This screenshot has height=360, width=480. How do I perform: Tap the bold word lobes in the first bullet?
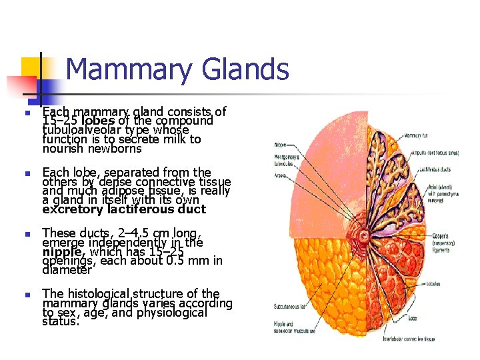coord(99,121)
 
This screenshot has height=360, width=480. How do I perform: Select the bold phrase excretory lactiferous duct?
coord(124,209)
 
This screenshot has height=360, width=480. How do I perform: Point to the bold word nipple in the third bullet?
coord(61,252)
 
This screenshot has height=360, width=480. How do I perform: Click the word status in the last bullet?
coord(60,321)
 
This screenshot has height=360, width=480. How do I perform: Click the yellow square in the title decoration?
coord(31,67)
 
